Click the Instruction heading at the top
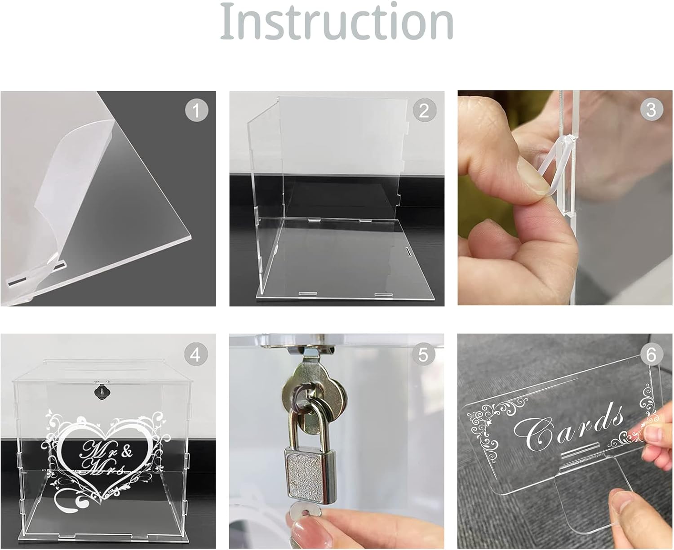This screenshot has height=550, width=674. pyautogui.click(x=337, y=21)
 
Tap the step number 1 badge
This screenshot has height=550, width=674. pyautogui.click(x=196, y=110)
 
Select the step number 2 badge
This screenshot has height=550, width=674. pyautogui.click(x=425, y=110)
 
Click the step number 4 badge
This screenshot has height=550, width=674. pyautogui.click(x=195, y=354)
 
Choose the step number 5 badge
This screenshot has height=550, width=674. pyautogui.click(x=423, y=354)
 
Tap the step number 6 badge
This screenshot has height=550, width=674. pyautogui.click(x=652, y=354)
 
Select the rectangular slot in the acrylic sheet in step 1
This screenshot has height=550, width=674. pyautogui.click(x=19, y=274)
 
